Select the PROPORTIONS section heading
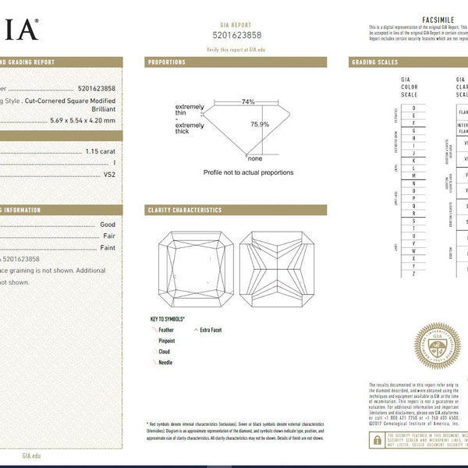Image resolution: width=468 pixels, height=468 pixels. (x=167, y=62)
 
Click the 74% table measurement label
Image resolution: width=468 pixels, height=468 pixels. (x=247, y=101)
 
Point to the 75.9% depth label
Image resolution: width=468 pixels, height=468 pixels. (x=260, y=124)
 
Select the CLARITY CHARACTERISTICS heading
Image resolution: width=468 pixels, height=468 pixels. (x=185, y=210)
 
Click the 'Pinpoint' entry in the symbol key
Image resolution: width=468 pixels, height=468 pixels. (x=166, y=341)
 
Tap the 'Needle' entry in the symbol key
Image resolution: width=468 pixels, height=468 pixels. (x=165, y=363)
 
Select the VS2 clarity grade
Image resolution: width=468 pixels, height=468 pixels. (x=109, y=175)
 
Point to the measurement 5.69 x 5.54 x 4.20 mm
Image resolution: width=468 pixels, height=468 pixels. (x=82, y=120)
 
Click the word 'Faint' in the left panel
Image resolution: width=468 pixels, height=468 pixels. (x=108, y=247)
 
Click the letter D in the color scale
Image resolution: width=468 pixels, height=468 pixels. (x=413, y=107)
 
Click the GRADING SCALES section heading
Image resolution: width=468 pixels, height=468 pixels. (x=375, y=62)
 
